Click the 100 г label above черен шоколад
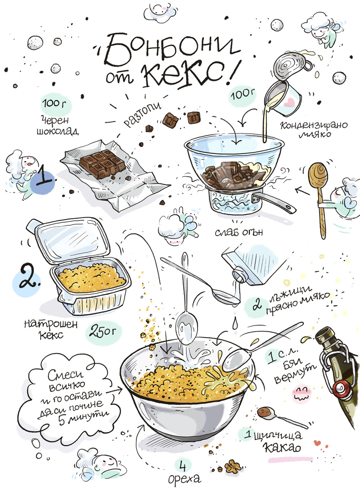(55, 103)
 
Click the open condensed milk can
(289, 62)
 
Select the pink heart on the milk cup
(290, 102)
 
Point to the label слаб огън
(239, 232)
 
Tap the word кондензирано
(314, 126)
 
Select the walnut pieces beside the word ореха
(232, 467)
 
